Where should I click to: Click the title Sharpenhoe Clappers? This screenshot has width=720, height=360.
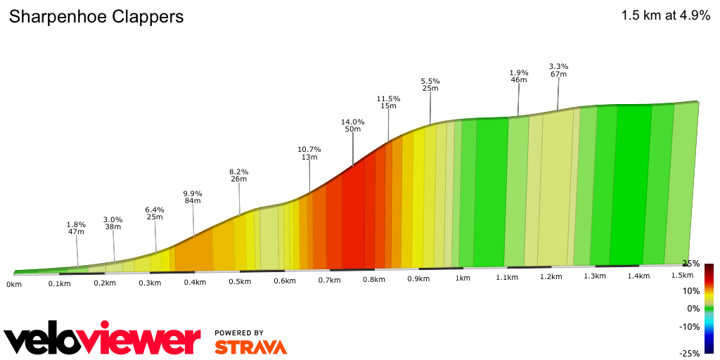[x=96, y=17]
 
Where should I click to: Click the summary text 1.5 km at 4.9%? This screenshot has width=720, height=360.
[x=665, y=16]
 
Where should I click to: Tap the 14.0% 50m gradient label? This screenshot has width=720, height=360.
[x=353, y=125]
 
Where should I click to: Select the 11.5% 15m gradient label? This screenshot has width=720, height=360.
[x=388, y=103]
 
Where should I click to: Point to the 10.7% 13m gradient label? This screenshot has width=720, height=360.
[x=309, y=153]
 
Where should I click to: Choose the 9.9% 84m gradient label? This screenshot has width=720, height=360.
[x=193, y=197]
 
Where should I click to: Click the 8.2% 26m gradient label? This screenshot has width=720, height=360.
[x=239, y=175]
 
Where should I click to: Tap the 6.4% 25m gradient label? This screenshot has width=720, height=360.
[x=155, y=213]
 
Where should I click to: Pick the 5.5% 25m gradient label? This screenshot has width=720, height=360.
[x=430, y=84]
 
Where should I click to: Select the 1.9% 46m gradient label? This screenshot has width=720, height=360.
[x=519, y=76]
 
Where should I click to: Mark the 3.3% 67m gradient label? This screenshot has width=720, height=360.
[x=559, y=70]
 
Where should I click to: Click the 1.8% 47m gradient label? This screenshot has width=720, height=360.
[x=76, y=228]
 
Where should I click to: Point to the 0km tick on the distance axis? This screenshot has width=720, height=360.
[x=13, y=284]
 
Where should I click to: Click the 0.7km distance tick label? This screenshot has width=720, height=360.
[x=329, y=281]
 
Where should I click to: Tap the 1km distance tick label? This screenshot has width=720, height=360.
[x=462, y=278]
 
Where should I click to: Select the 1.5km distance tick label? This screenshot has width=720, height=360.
[x=682, y=275]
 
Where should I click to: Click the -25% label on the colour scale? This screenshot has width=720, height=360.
[x=692, y=353]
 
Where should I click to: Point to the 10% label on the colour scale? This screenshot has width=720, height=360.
[x=691, y=291]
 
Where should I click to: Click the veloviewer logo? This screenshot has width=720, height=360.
[x=102, y=341]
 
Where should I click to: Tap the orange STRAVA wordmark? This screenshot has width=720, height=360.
[x=250, y=347]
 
